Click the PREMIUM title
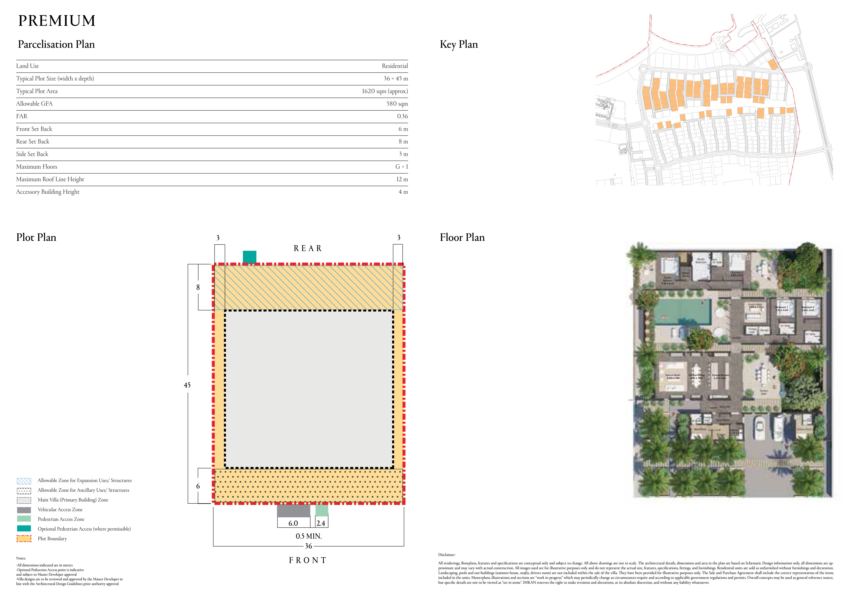(57, 21)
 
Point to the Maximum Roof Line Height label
(50, 179)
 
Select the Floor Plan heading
(462, 238)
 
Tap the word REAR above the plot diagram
(308, 248)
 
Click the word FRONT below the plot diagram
(308, 560)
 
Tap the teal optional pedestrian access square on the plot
(249, 257)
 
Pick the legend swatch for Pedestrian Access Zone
(24, 519)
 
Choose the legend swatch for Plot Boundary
(24, 538)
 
